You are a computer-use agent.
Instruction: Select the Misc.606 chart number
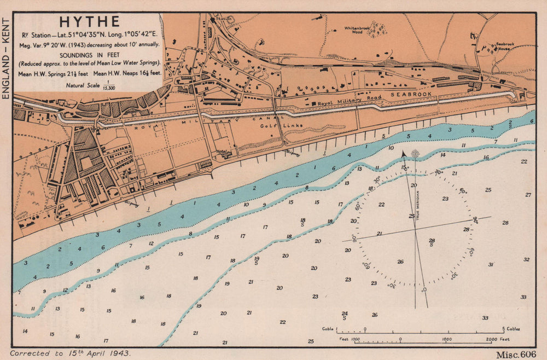tap(516, 354)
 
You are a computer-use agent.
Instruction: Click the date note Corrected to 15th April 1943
tap(70, 353)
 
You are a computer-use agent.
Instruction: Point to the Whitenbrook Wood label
tap(357, 30)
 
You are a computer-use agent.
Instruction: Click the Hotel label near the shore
tap(221, 152)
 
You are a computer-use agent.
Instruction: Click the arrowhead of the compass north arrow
tap(403, 154)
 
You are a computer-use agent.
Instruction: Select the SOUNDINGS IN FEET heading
tap(89, 55)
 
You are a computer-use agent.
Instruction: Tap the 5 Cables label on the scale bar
tap(512, 329)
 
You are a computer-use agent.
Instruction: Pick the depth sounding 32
tap(526, 259)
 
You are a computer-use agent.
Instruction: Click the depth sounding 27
tap(528, 195)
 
